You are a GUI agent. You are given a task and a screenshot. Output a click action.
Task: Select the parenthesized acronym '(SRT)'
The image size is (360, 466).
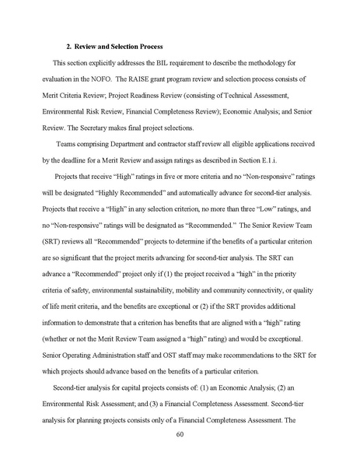(x=61, y=244)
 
